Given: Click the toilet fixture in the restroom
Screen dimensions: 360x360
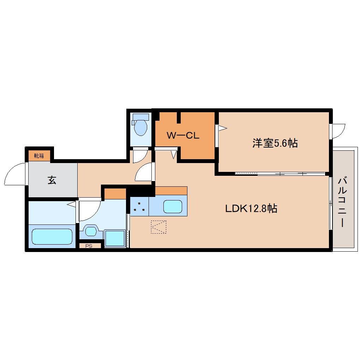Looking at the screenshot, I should pyautogui.click(x=140, y=126).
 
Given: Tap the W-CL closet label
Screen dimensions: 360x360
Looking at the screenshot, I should pyautogui.click(x=183, y=135).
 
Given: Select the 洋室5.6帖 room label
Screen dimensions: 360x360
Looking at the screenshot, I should pyautogui.click(x=275, y=143).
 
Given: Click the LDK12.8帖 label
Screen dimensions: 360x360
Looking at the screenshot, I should pyautogui.click(x=251, y=209).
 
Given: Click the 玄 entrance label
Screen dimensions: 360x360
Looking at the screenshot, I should pyautogui.click(x=52, y=180).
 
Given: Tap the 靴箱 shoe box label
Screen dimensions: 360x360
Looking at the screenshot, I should pyautogui.click(x=39, y=155).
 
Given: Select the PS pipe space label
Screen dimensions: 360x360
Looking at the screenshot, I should pyautogui.click(x=89, y=246).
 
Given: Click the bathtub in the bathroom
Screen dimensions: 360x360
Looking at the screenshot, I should pyautogui.click(x=52, y=236).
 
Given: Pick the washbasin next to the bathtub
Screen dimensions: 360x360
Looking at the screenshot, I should pyautogui.click(x=91, y=232).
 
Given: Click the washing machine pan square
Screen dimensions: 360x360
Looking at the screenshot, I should pyautogui.click(x=115, y=238).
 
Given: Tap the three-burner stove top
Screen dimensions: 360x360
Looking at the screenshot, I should pyautogui.click(x=139, y=206).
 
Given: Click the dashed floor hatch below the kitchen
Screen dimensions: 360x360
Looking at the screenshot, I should pyautogui.click(x=158, y=227).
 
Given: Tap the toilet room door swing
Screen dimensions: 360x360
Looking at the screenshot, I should pyautogui.click(x=140, y=155).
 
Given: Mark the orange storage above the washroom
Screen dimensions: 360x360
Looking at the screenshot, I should pyautogui.click(x=115, y=194).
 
